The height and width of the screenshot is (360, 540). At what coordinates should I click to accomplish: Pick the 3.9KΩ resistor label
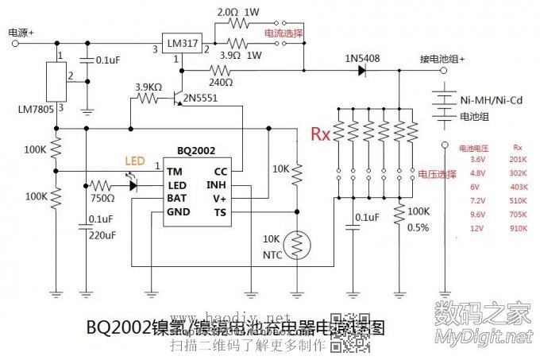(149, 87)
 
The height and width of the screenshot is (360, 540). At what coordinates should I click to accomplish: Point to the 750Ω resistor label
(104, 196)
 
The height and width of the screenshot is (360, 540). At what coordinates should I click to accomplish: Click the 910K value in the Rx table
(518, 228)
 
